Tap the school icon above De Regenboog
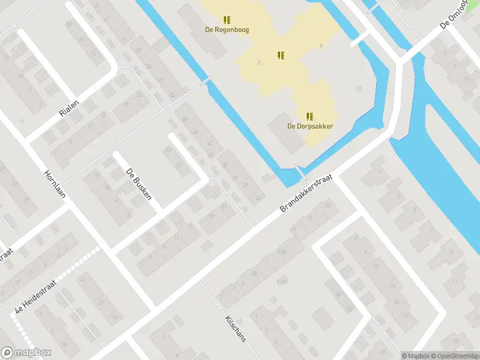(227, 20)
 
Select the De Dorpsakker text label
(310, 126)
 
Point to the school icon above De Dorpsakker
(310, 116)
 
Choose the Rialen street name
(70, 107)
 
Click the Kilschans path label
(235, 328)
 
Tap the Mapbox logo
(26, 353)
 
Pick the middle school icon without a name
(280, 55)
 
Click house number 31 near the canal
(235, 177)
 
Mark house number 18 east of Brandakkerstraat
(393, 286)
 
